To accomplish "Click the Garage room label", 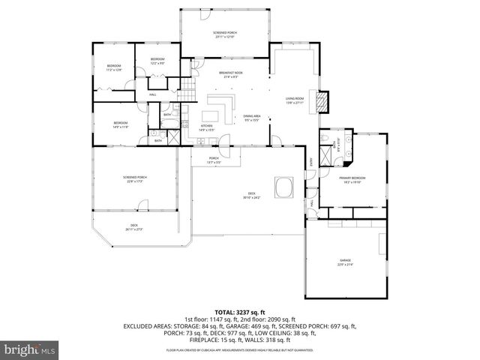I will [x=345, y=262].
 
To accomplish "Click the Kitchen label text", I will [x=206, y=128].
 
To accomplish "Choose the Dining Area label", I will [x=251, y=118].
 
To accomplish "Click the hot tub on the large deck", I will [x=284, y=184].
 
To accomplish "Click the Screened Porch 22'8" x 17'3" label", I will [x=135, y=179].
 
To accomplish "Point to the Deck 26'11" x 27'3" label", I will [x=134, y=227].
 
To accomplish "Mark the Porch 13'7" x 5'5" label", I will [x=214, y=160].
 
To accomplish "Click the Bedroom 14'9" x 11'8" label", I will [x=121, y=124].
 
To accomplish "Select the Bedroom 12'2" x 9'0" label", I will [x=157, y=61].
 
